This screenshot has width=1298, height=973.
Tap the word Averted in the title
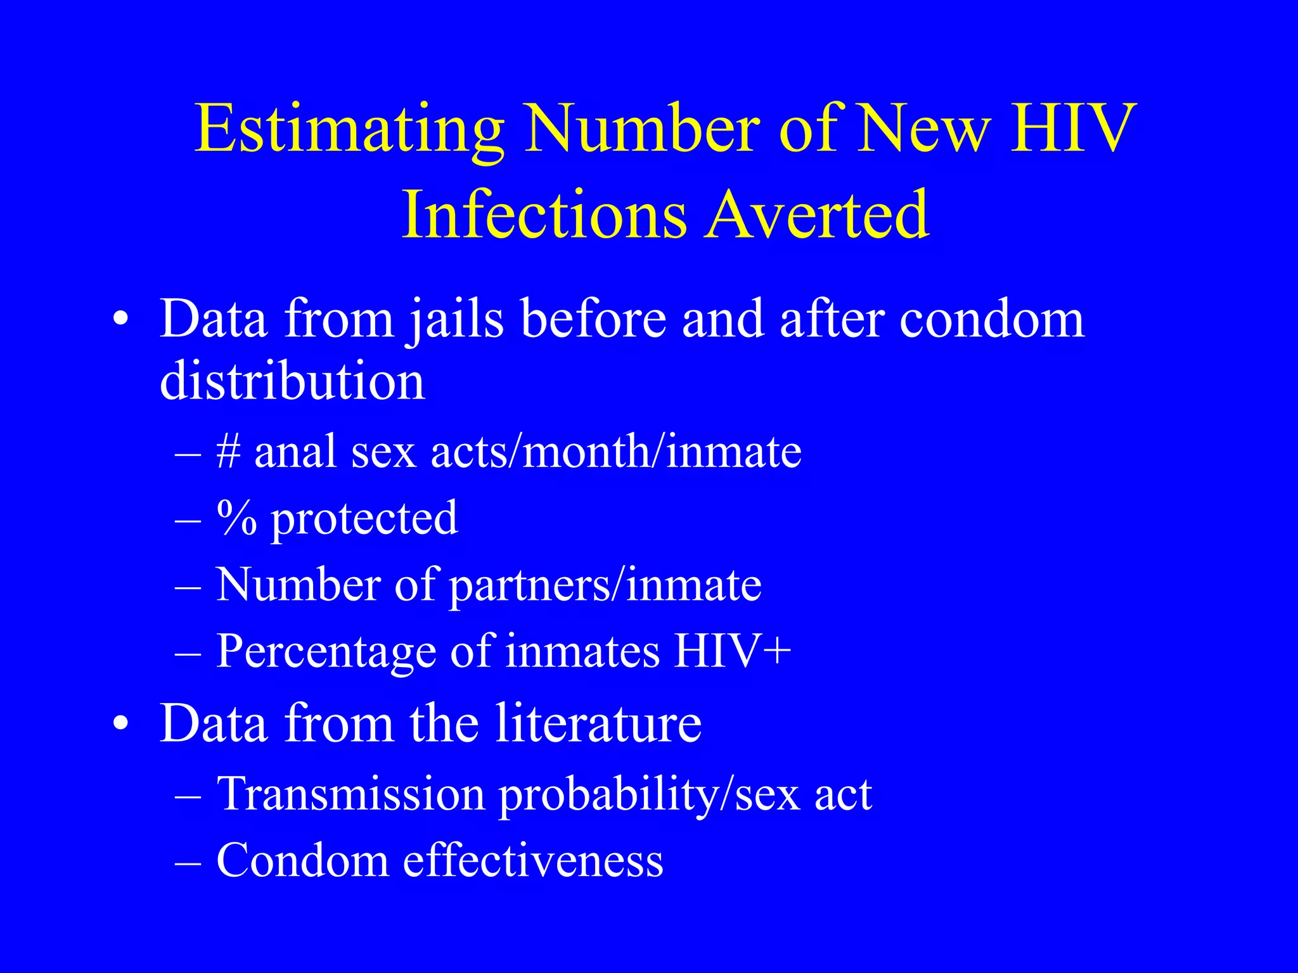coord(818,215)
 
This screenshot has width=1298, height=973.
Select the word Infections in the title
coord(544,215)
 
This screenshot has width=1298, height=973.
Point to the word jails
coord(456,321)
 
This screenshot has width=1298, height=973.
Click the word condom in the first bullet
coord(992,319)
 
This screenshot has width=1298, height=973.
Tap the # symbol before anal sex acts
coord(228,452)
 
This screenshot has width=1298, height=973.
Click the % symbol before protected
coord(236,518)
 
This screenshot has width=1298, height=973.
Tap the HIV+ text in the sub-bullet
coord(732,651)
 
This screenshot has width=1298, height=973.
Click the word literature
coord(598,723)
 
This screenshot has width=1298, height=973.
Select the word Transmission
coord(351,793)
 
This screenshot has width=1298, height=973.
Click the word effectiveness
coord(533,861)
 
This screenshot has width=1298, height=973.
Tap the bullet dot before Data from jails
coord(121,319)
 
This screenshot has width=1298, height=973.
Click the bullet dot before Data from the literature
coord(121,723)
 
